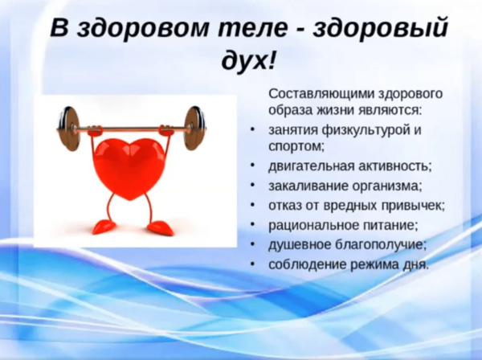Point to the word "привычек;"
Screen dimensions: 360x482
pyautogui.click(x=412, y=205)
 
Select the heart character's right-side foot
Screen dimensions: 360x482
pyautogui.click(x=161, y=229)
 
